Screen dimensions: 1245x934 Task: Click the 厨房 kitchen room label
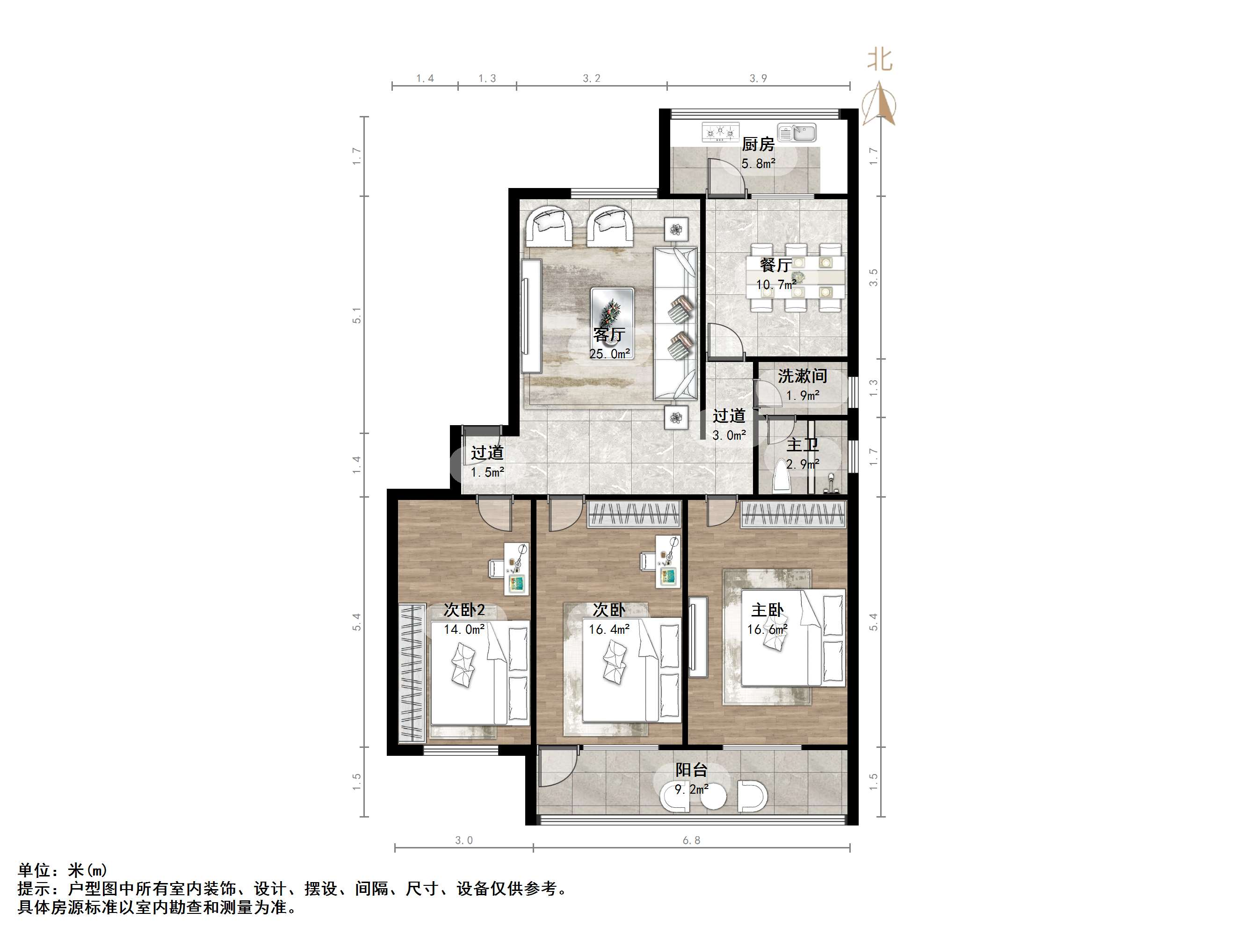pyautogui.click(x=758, y=144)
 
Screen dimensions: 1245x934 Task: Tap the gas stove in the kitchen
pyautogui.click(x=720, y=133)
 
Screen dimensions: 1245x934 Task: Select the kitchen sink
pyautogui.click(x=796, y=132)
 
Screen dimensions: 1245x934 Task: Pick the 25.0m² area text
pyautogui.click(x=609, y=354)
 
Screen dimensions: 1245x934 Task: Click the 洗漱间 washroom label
pyautogui.click(x=803, y=376)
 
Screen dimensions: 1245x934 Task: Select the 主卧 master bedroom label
pyautogui.click(x=767, y=610)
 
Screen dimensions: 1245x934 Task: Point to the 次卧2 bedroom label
pyautogui.click(x=464, y=610)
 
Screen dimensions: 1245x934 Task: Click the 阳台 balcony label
pyautogui.click(x=691, y=770)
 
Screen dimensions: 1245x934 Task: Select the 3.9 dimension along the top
pyautogui.click(x=758, y=78)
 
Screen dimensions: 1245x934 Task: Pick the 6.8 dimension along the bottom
pyautogui.click(x=691, y=840)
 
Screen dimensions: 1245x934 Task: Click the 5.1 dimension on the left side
pyautogui.click(x=357, y=315)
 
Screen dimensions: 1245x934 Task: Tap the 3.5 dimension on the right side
pyautogui.click(x=874, y=277)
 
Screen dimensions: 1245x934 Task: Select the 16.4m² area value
pyautogui.click(x=609, y=629)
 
